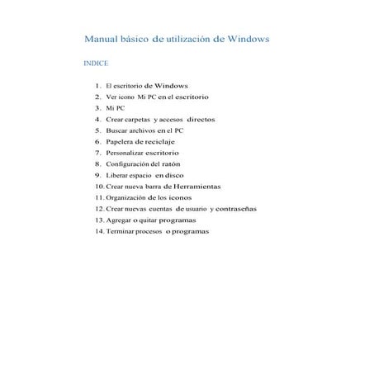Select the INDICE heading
pyautogui.click(x=96, y=63)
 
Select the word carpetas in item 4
pyautogui.click(x=133, y=119)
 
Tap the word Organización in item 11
pyautogui.click(x=129, y=198)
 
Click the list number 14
pyautogui.click(x=99, y=231)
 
